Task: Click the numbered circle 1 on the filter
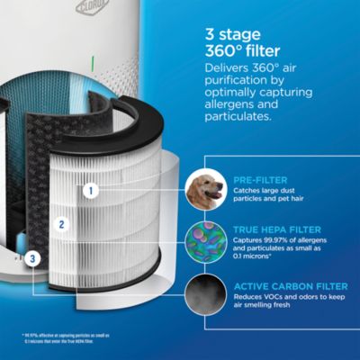click(x=90, y=190)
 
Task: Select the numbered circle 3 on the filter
click(x=32, y=259)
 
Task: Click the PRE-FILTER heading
click(x=261, y=179)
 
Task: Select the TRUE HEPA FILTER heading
click(x=278, y=229)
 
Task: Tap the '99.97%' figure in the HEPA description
click(x=278, y=240)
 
